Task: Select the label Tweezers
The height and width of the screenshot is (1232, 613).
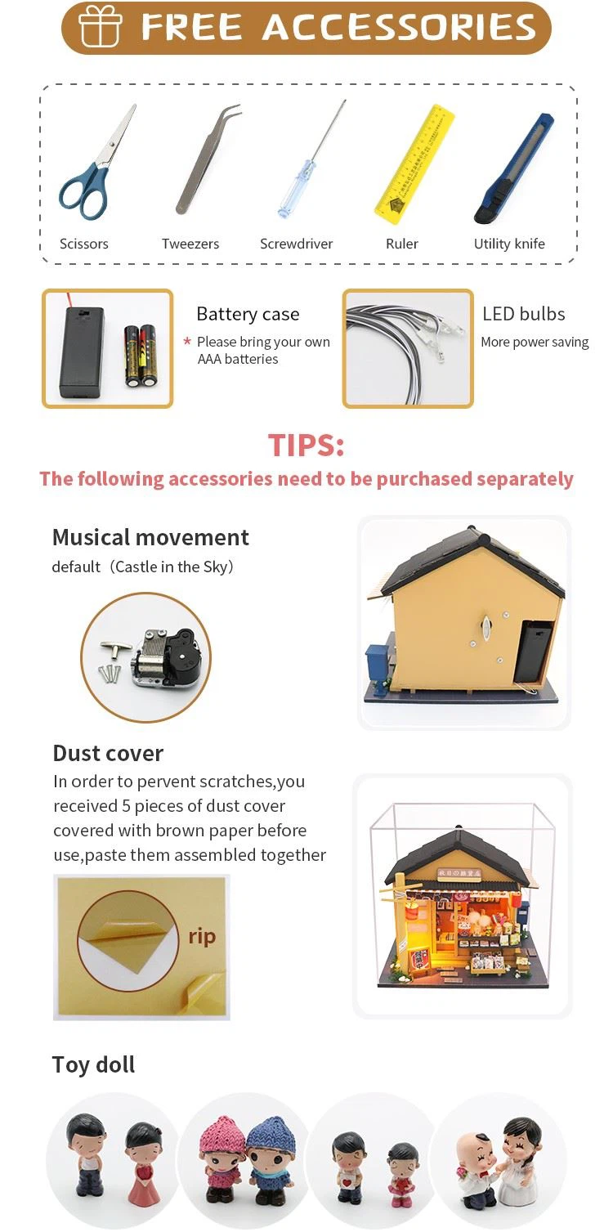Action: [190, 244]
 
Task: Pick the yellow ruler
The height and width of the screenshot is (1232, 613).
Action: [414, 164]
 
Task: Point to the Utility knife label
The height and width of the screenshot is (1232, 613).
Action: [509, 244]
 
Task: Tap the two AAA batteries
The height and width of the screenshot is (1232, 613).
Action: [140, 356]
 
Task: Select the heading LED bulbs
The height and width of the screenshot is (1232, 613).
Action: [523, 314]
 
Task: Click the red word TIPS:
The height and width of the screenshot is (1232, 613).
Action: [306, 445]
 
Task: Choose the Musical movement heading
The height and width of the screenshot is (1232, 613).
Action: [150, 537]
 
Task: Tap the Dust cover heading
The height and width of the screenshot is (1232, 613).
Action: [108, 754]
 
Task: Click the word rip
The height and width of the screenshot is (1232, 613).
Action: [202, 936]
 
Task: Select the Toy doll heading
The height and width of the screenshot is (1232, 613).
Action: [93, 1065]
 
